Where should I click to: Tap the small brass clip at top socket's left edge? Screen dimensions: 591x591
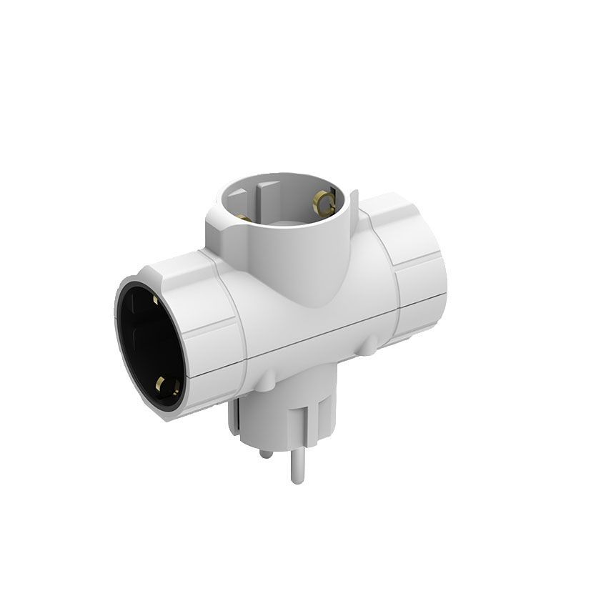click(x=242, y=217)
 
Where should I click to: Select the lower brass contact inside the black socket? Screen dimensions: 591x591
click(x=169, y=388)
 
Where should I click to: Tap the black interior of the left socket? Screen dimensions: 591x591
click(x=146, y=343)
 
